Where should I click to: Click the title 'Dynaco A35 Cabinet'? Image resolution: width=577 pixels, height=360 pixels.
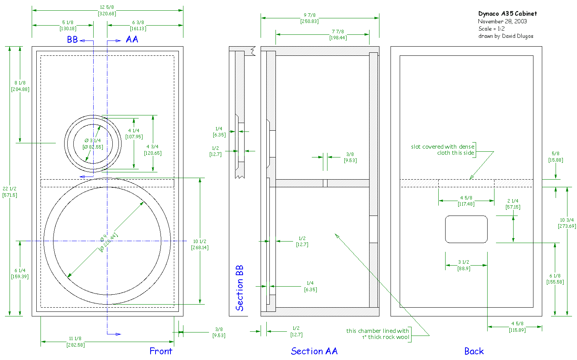[507, 14]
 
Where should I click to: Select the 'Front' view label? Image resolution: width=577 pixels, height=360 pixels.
[160, 351]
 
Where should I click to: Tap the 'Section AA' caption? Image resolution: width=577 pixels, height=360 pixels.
[314, 351]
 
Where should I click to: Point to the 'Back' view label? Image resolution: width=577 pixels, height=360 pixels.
[474, 351]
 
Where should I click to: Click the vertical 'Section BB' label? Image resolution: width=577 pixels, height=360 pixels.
[240, 288]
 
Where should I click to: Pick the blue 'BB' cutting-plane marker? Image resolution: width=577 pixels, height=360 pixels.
[73, 40]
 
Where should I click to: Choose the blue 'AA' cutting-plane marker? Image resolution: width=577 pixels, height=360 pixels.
[132, 39]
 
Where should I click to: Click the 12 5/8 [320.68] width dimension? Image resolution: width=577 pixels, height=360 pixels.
[107, 10]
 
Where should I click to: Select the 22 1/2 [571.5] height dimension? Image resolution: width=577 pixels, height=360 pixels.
[10, 192]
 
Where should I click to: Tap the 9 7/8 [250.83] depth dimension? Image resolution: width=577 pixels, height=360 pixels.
[310, 18]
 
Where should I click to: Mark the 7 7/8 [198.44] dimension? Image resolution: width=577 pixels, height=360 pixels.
[338, 35]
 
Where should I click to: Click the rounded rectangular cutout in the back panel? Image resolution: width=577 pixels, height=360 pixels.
[466, 229]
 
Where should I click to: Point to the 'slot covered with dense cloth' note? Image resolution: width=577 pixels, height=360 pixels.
[443, 150]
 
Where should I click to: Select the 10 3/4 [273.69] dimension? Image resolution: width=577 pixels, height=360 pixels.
[567, 223]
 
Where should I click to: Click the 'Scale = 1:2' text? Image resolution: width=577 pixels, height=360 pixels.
[491, 29]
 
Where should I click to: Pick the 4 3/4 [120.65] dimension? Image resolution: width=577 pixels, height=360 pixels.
[152, 150]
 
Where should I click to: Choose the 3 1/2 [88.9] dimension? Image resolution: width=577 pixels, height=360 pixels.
[464, 265]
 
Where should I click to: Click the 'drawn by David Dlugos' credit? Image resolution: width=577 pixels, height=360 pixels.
[506, 36]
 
